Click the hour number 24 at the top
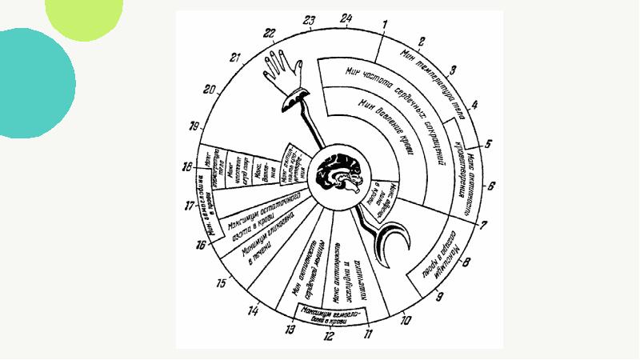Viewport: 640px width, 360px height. tap(345, 17)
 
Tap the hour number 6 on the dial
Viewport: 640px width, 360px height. tap(491, 186)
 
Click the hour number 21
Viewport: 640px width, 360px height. tap(234, 58)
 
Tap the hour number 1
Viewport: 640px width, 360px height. tap(385, 24)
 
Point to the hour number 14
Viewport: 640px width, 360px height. tap(253, 310)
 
